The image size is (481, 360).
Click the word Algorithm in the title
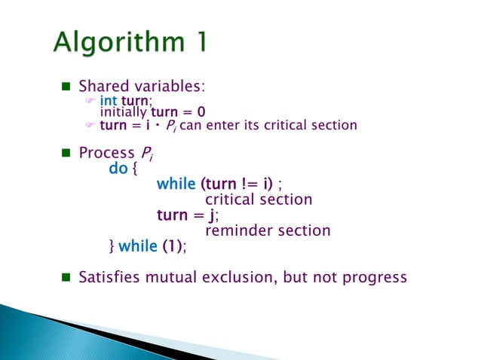pos(115,43)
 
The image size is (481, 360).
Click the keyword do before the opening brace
pos(118,169)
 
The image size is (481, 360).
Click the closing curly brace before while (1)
pos(112,246)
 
